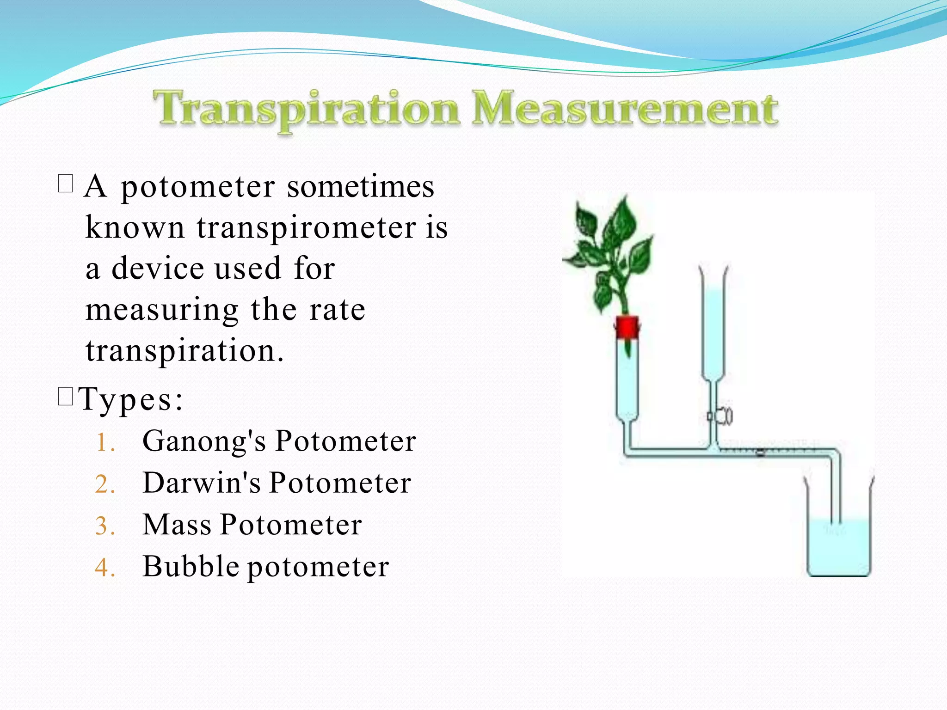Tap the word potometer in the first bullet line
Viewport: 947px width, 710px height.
[198, 187]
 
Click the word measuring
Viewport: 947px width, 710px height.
[162, 310]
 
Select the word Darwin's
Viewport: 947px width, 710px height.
[202, 483]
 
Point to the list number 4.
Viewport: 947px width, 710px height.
[105, 568]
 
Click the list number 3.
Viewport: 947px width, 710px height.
[105, 526]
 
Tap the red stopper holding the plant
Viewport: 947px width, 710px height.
[627, 327]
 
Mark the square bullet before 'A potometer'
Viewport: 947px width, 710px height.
[66, 184]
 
